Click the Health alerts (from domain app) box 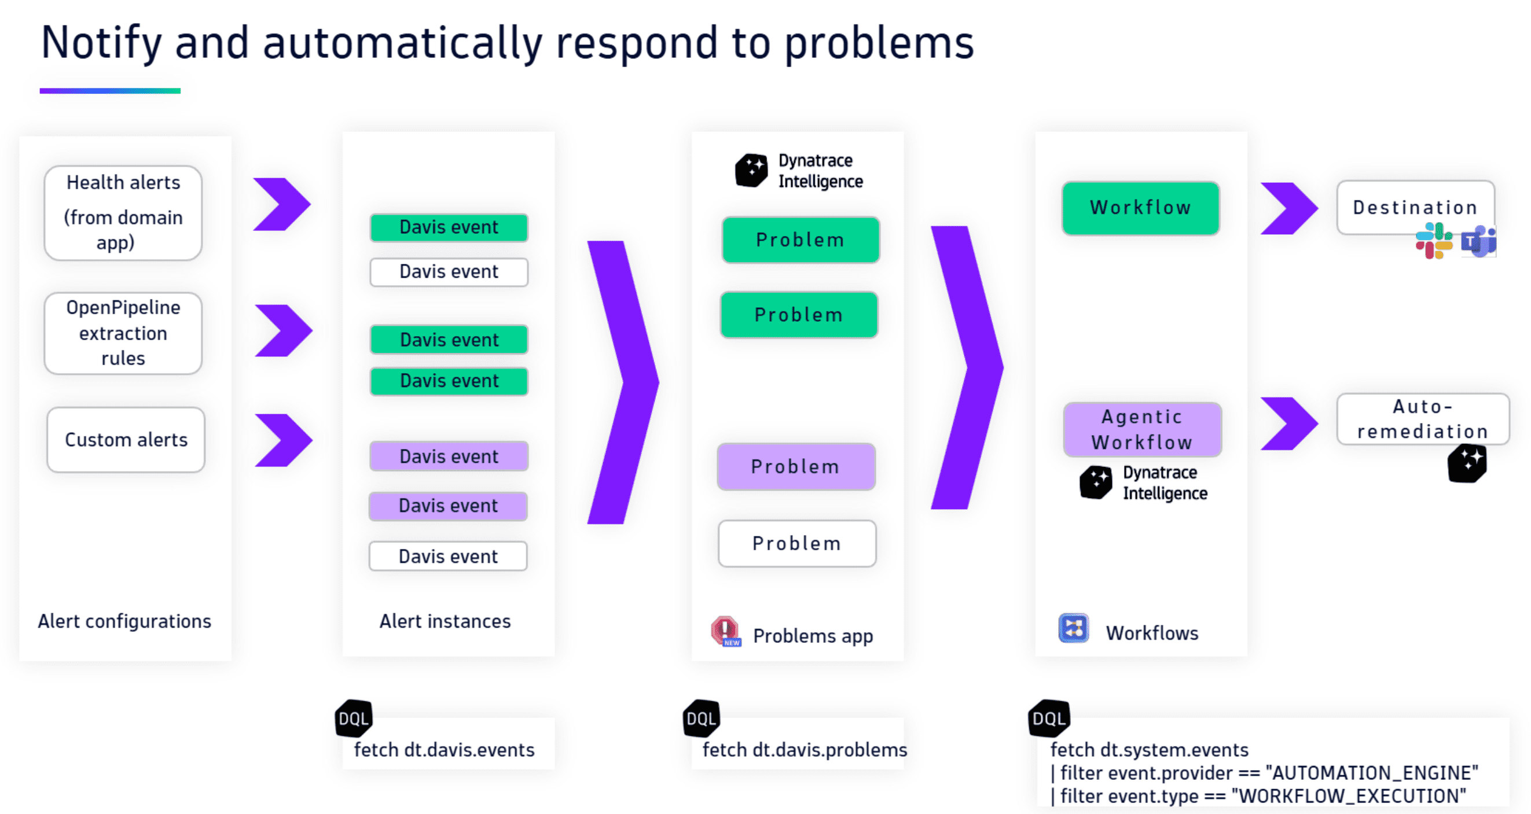coord(123,212)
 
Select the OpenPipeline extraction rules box coord(123,333)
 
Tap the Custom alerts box coord(126,440)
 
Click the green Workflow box coord(1140,208)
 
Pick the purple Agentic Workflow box coord(1141,429)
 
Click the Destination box coord(1415,207)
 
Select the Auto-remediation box coord(1422,418)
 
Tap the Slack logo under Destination coord(1433,241)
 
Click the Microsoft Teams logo coord(1478,241)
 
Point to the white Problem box coord(796,543)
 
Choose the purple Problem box coord(795,466)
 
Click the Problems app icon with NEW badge coord(725,631)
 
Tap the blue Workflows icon coord(1073,628)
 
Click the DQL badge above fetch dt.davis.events coord(354,719)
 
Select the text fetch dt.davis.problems coord(804,750)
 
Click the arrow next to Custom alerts coord(283,440)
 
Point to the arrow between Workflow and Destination coord(1288,208)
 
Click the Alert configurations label coord(124,621)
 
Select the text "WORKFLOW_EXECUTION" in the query coord(1349,795)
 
